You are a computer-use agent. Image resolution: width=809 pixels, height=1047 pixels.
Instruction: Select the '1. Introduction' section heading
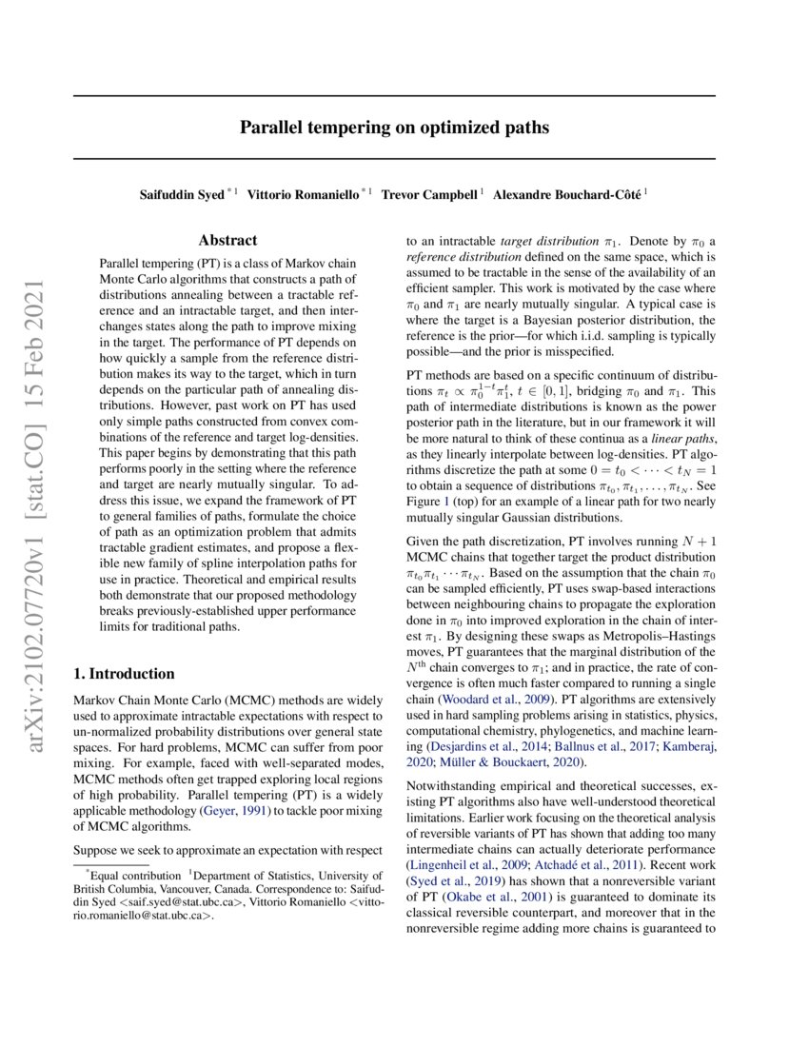[125, 674]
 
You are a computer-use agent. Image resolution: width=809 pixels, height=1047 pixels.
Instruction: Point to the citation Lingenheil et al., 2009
[465, 865]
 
